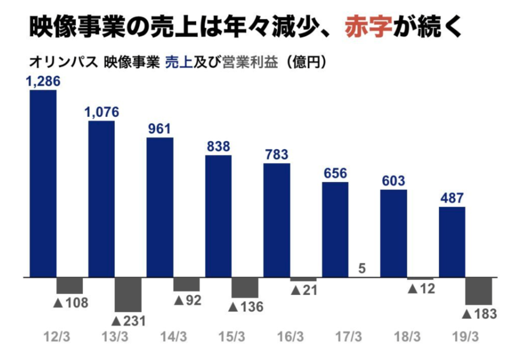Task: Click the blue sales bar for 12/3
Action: tap(43, 184)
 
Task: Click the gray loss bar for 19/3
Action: tap(479, 291)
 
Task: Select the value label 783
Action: tap(277, 154)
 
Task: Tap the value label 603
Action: tap(393, 181)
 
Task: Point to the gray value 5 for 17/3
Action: tap(362, 267)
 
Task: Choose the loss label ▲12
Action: tap(421, 289)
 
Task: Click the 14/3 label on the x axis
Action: tap(174, 337)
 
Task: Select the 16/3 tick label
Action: tap(291, 337)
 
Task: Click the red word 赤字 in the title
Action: tap(367, 26)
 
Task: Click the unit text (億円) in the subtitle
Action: tap(306, 63)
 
